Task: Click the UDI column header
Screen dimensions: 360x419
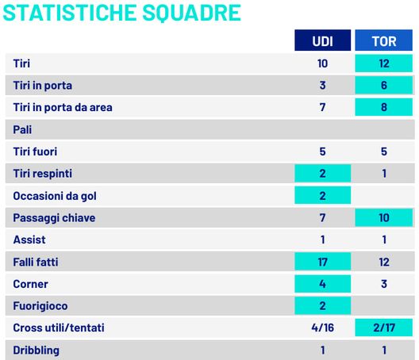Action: (322, 40)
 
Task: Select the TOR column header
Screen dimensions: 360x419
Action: (385, 40)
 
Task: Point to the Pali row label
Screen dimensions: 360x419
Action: (23, 128)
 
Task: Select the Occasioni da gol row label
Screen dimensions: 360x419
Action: (55, 195)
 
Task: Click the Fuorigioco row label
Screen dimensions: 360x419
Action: (40, 305)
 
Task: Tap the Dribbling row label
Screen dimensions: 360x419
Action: (37, 350)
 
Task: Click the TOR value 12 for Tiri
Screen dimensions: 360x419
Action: (385, 63)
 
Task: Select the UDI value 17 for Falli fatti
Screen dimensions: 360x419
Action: (322, 261)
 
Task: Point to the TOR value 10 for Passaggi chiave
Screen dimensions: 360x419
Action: (385, 216)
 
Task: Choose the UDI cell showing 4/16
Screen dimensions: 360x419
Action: (322, 327)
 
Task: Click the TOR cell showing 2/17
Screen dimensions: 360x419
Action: (385, 327)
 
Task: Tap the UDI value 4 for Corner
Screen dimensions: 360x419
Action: (322, 283)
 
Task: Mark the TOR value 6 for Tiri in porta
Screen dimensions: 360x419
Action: (385, 85)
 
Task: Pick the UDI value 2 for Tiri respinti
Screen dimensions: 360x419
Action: (322, 173)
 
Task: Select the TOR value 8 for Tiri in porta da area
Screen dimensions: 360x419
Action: (385, 107)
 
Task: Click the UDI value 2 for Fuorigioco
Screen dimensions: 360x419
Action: (322, 305)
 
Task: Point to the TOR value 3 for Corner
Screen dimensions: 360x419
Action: (385, 283)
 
